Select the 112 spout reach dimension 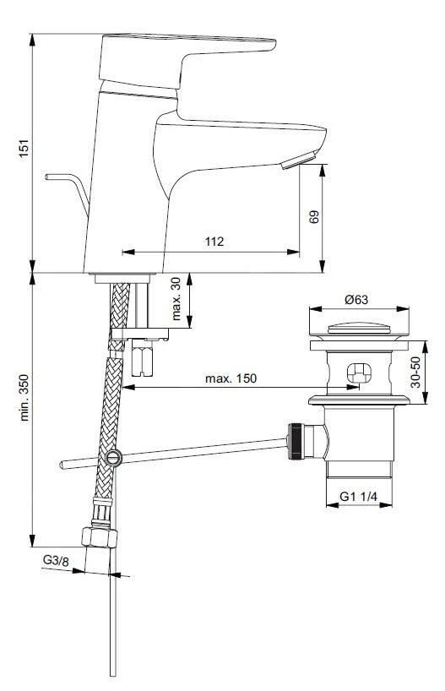[x=214, y=242]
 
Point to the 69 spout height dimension [x=314, y=216]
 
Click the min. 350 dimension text [x=24, y=396]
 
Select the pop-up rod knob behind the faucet [x=51, y=177]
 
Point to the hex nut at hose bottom [x=96, y=537]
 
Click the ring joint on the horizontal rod [x=113, y=458]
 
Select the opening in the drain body [x=357, y=373]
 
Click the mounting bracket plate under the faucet [x=139, y=335]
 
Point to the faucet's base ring [x=121, y=276]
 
